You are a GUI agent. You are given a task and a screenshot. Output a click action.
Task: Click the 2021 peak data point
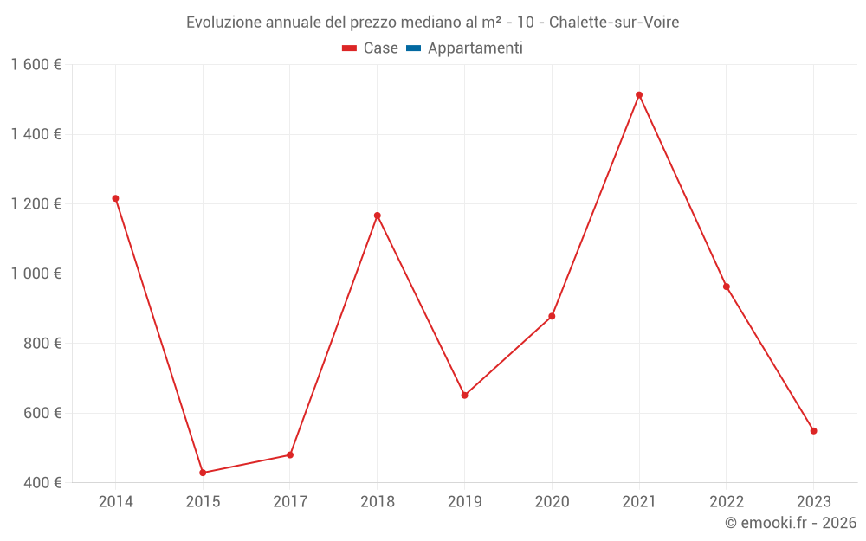pos(639,95)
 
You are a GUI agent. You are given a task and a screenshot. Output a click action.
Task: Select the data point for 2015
pos(203,473)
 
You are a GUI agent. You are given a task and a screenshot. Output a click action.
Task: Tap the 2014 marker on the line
pos(115,198)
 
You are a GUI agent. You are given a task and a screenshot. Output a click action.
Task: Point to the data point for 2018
pos(378,216)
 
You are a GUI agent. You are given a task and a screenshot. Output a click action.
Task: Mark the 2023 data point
pos(813,431)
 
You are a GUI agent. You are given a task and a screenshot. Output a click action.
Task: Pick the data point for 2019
pos(464,396)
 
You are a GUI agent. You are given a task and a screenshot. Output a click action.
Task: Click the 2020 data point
pos(552,316)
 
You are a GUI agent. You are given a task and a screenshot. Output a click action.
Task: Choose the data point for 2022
pos(727,287)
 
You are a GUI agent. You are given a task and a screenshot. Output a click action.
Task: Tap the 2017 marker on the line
pos(290,454)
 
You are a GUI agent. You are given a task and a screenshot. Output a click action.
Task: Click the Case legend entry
pos(371,48)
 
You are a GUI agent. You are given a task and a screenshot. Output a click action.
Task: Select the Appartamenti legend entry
pos(465,48)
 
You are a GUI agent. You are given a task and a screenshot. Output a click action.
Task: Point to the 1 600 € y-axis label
pos(36,65)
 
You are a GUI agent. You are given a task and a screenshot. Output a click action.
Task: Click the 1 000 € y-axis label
pos(36,274)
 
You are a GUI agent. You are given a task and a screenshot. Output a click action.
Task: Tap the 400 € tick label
pos(41,482)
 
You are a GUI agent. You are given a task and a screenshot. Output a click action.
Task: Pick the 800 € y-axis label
pos(41,344)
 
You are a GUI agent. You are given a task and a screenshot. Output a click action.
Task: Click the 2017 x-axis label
pos(290,502)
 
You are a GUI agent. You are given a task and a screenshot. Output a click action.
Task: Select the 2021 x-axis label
pos(639,502)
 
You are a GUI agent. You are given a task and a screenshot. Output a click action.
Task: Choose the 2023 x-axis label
pos(813,502)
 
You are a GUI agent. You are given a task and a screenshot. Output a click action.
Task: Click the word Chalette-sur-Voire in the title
pos(615,22)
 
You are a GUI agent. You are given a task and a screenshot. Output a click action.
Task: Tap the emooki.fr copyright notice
pos(791,523)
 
